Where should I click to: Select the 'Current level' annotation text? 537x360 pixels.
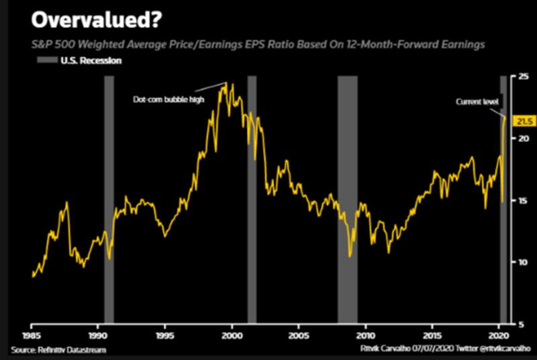click(477, 101)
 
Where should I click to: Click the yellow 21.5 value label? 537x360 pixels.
click(524, 122)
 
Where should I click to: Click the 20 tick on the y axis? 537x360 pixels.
click(521, 138)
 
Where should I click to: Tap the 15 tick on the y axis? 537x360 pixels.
click(521, 200)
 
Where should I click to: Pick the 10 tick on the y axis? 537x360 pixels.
click(521, 262)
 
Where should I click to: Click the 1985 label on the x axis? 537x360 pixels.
click(31, 334)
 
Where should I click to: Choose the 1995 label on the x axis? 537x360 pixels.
click(165, 334)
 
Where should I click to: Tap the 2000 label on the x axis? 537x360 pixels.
click(232, 334)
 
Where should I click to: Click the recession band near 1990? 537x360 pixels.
click(109, 201)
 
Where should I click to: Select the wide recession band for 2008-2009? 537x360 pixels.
click(347, 201)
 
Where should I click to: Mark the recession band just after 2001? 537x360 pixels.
click(252, 201)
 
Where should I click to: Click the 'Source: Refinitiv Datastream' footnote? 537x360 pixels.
click(58, 350)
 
